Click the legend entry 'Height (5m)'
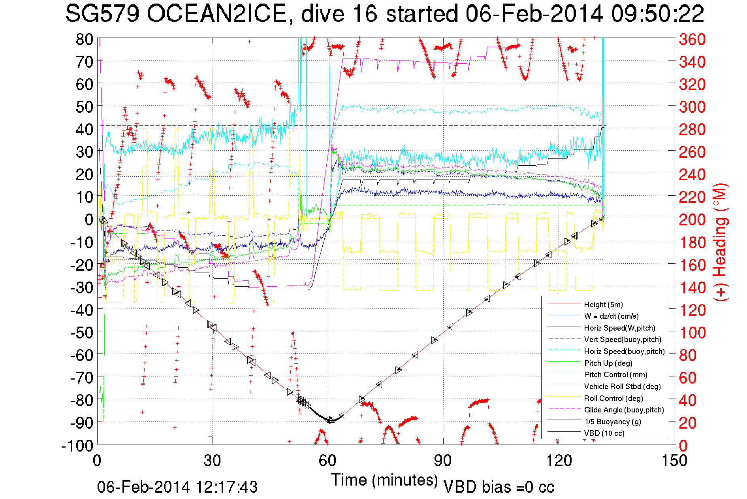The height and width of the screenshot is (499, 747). pos(603,304)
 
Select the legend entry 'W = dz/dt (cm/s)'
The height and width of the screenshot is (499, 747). pos(611,316)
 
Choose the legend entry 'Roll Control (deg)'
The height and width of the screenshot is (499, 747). pos(613,398)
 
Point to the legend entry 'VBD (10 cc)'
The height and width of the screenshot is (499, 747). pos(604,433)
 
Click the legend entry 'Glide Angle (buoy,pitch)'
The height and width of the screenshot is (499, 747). pos(624,410)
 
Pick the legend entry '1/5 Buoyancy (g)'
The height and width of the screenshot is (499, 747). pos(612,422)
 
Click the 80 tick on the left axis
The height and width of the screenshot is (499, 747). pos(84,39)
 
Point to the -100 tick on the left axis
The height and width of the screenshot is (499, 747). pos(77,446)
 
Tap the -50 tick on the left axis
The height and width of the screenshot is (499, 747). pos(82,333)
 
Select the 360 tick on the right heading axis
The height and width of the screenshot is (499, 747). pos(692,39)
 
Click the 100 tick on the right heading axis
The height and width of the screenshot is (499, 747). pos(692,333)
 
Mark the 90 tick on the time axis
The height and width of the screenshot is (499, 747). pos(443,461)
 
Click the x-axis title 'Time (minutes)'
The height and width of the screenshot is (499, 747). pos(384,480)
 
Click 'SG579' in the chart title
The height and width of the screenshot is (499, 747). pos(102,14)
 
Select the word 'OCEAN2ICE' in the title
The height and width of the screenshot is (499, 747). pos(216,14)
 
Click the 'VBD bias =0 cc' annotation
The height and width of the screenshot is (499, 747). pos(499,487)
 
